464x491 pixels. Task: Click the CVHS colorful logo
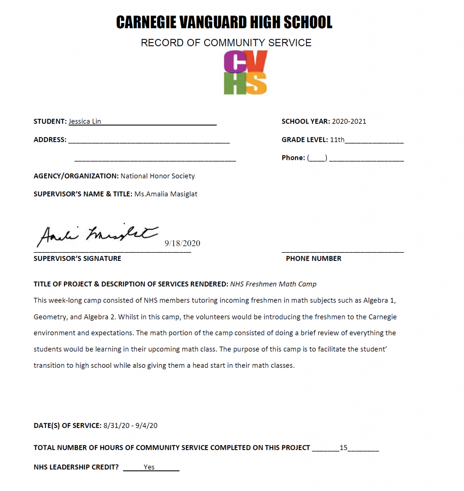pos(245,72)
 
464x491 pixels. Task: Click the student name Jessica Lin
pos(85,122)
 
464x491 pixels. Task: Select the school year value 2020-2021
pos(349,122)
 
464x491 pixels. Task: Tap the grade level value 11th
pos(337,140)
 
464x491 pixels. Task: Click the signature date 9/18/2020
pos(182,243)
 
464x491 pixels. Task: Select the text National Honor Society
pos(157,176)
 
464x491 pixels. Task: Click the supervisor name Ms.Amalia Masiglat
pos(166,194)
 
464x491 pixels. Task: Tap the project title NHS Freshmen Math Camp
pos(273,284)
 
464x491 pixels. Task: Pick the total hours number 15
pos(343,448)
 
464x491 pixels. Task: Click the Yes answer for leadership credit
pos(149,467)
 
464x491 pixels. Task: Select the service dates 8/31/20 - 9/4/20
pos(130,425)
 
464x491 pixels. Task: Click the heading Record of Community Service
pos(226,43)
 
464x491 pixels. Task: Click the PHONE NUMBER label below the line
pos(313,259)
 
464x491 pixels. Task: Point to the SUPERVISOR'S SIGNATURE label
pos(77,259)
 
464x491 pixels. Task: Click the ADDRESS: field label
pos(50,140)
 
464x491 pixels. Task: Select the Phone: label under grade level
pos(293,158)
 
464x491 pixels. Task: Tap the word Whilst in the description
pos(129,317)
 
